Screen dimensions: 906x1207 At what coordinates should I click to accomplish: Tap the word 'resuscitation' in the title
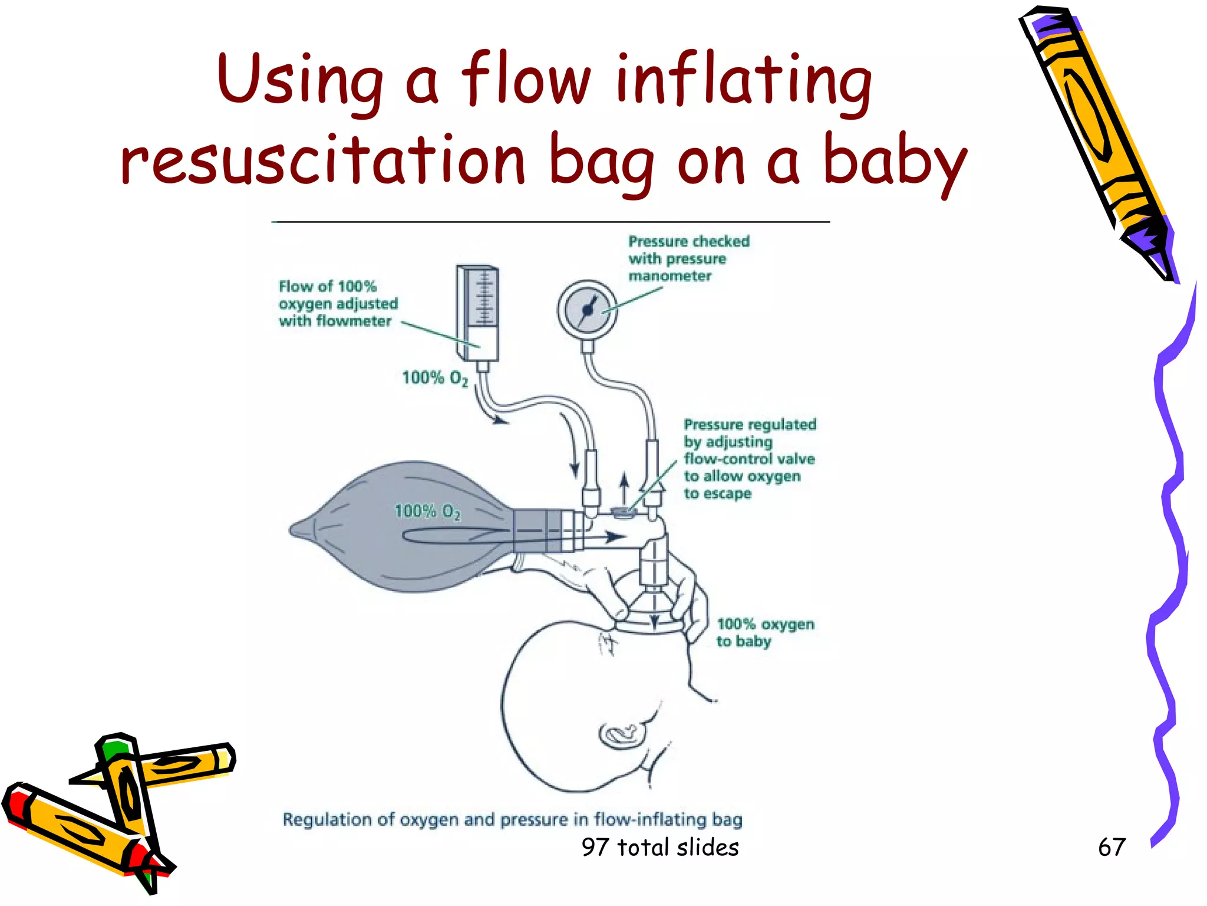tap(322, 160)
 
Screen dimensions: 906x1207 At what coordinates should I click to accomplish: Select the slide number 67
tap(1112, 847)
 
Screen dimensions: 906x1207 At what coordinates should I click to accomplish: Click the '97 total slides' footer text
tap(660, 847)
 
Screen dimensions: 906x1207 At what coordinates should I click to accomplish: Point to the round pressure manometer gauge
tap(587, 310)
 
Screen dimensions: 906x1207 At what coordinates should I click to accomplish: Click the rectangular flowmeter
tap(478, 313)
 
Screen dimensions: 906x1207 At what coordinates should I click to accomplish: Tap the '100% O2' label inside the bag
tap(427, 511)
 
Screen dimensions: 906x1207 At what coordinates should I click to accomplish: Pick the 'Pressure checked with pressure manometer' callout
tap(688, 258)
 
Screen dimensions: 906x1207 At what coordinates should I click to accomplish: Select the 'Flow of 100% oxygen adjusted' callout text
tap(338, 304)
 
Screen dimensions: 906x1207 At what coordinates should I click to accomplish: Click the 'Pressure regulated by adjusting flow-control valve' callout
tap(749, 458)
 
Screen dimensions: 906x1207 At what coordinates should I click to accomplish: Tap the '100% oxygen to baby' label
tap(764, 632)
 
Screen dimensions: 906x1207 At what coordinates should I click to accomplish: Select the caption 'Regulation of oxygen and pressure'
tap(512, 819)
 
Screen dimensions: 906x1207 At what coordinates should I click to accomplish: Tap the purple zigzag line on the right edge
tap(1170, 560)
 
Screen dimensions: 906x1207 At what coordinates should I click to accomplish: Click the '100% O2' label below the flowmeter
tap(435, 378)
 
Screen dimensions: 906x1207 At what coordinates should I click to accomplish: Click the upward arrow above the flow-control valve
tap(624, 488)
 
